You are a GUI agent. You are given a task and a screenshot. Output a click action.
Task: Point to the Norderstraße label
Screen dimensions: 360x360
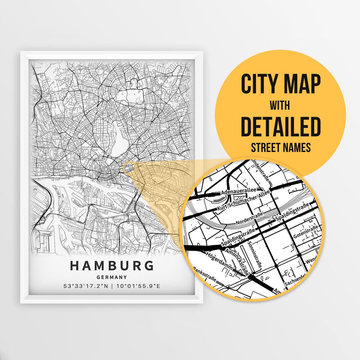pyautogui.click(x=249, y=219)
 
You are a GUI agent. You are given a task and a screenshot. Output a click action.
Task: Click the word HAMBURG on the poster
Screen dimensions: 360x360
pyautogui.click(x=112, y=266)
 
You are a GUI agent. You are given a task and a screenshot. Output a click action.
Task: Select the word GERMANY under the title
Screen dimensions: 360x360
pyautogui.click(x=112, y=277)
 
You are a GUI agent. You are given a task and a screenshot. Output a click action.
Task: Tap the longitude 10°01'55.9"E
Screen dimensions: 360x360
pyautogui.click(x=138, y=286)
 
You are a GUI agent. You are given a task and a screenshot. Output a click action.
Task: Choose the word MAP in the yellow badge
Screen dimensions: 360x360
pyautogui.click(x=303, y=85)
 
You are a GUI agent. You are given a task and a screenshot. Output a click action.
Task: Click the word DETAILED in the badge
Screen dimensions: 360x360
pyautogui.click(x=280, y=127)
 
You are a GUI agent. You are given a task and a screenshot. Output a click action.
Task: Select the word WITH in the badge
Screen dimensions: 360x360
pyautogui.click(x=280, y=106)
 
